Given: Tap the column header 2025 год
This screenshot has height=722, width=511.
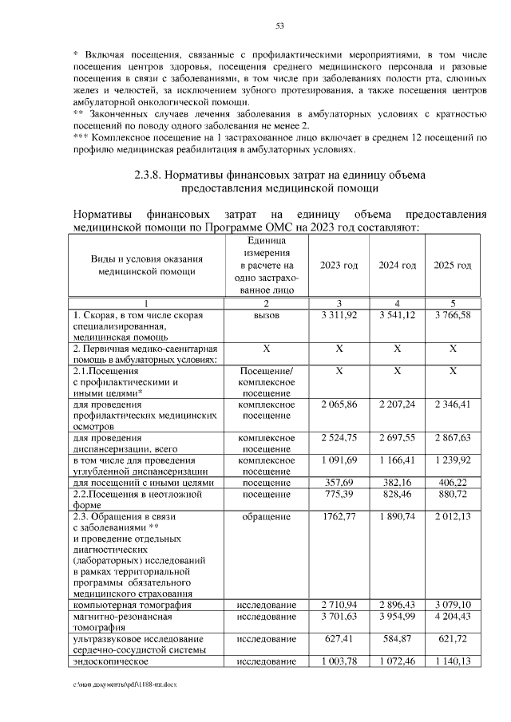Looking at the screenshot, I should click(x=453, y=266).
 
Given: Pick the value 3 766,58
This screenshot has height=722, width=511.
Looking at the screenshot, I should click(x=453, y=316).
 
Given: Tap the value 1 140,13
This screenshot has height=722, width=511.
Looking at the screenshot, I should click(x=453, y=661).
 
